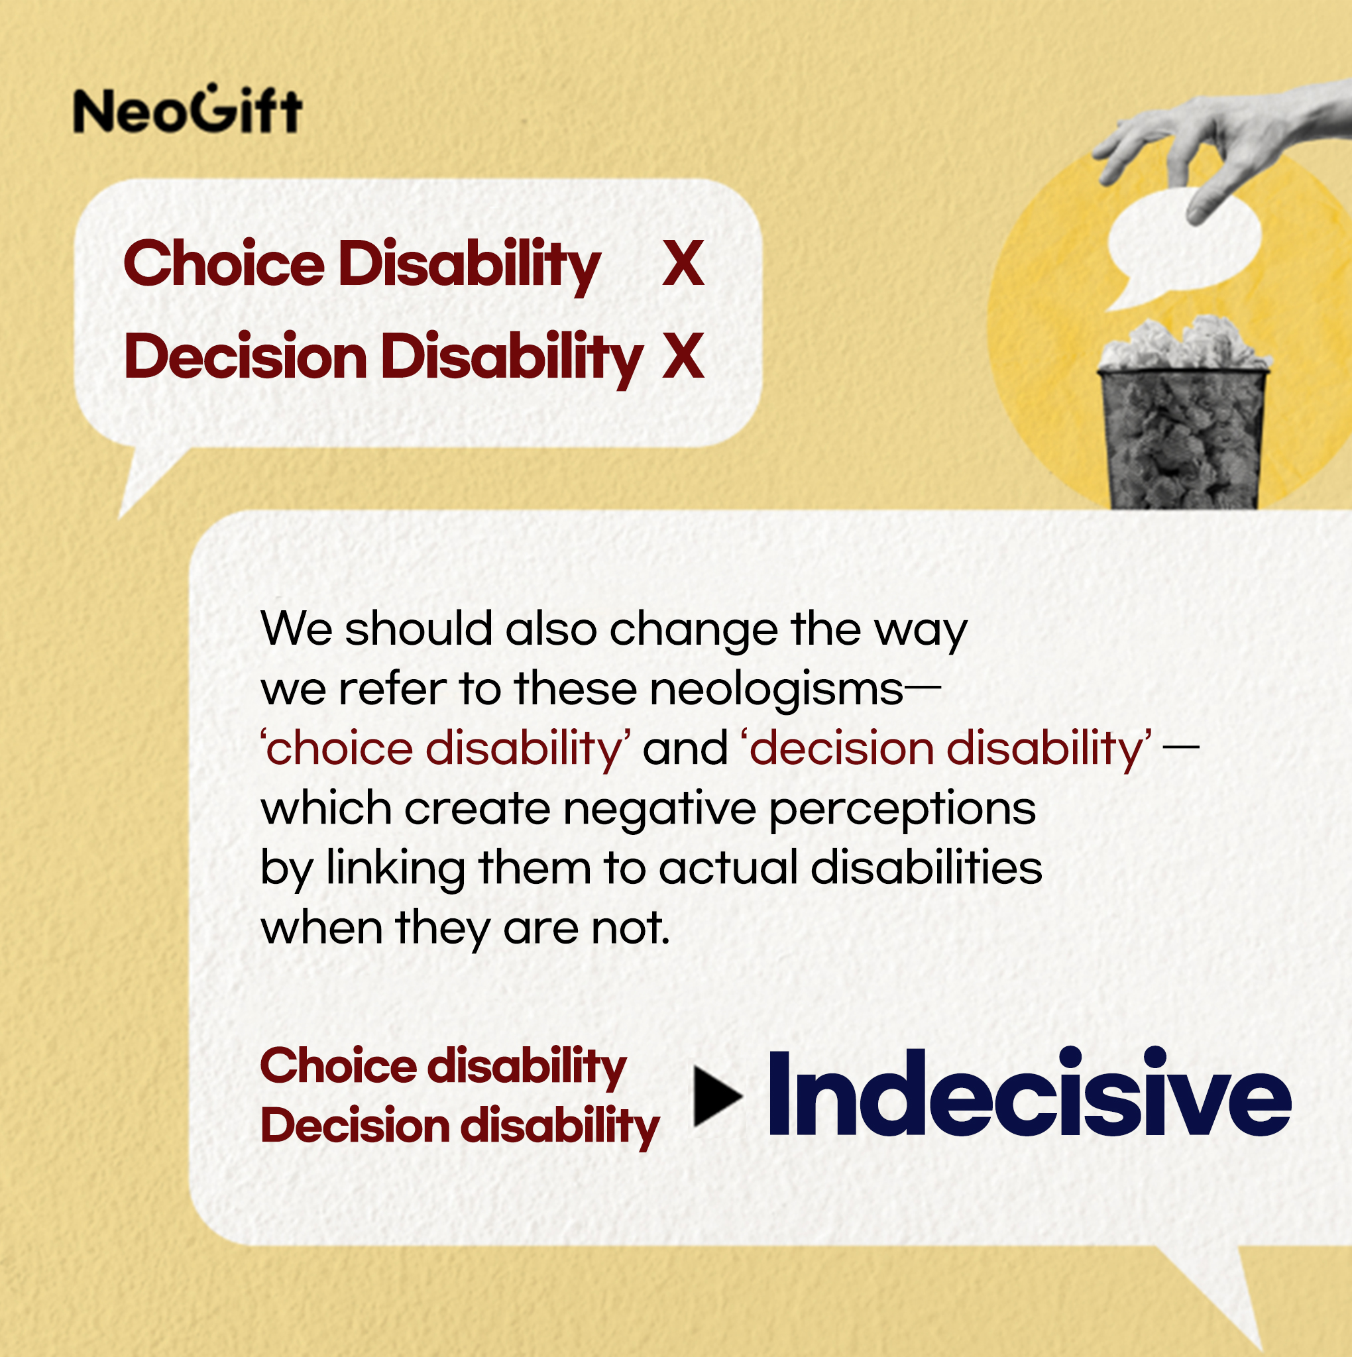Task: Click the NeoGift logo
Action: tap(188, 109)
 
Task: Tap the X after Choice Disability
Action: tap(683, 264)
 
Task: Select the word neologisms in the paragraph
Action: tap(777, 690)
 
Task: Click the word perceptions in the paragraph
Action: tap(902, 810)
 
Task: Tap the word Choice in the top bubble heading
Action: tap(224, 264)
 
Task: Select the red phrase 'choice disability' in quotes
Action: tap(445, 749)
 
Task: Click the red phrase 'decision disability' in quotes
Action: tap(946, 749)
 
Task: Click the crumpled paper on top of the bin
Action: tap(1185, 344)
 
